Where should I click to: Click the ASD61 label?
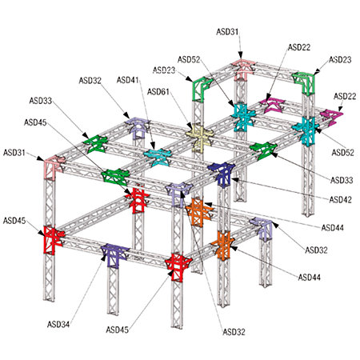click(158, 92)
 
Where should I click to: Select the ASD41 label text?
click(128, 80)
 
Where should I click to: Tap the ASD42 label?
click(341, 199)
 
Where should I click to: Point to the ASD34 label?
click(58, 324)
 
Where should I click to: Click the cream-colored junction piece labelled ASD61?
click(199, 137)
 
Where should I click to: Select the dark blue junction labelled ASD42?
click(222, 174)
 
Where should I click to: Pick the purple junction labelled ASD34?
click(114, 254)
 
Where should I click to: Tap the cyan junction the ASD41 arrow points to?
click(158, 157)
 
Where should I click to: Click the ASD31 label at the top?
click(227, 32)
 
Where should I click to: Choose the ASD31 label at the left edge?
click(14, 153)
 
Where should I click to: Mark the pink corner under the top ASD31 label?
click(242, 69)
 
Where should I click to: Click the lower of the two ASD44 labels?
click(310, 278)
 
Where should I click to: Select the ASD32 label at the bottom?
click(234, 332)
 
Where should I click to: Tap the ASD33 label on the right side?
click(342, 180)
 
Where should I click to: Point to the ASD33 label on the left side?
click(41, 101)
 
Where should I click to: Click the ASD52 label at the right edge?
click(343, 153)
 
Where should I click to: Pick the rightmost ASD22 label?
click(345, 96)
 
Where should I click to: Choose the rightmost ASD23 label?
click(340, 59)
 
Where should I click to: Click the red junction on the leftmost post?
click(53, 239)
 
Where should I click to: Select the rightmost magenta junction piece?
click(332, 117)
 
